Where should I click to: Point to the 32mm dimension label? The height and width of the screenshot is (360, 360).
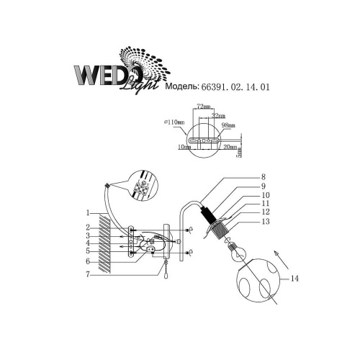[219, 115]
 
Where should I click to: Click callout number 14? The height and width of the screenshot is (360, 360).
[292, 278]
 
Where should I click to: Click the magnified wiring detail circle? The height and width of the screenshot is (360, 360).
[139, 186]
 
